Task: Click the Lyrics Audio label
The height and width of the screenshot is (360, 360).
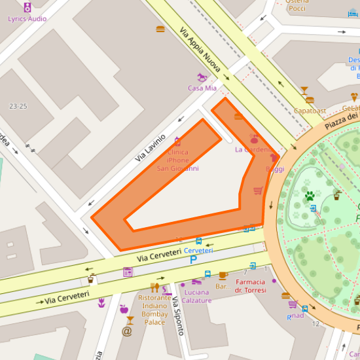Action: click(27, 18)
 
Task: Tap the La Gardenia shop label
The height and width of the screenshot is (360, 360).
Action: click(253, 149)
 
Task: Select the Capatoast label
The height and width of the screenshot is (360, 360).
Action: click(310, 111)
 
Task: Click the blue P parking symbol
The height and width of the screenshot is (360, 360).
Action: click(193, 260)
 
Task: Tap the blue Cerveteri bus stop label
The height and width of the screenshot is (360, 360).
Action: click(198, 251)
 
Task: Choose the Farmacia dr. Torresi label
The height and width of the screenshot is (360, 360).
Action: click(251, 285)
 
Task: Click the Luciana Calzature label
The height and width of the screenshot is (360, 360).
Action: click(197, 297)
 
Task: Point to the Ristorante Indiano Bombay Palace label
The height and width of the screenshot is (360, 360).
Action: click(154, 310)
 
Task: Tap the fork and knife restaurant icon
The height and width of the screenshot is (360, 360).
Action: click(154, 287)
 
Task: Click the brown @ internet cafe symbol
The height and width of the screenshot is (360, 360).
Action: click(126, 332)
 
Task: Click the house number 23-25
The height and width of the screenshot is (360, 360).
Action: click(18, 106)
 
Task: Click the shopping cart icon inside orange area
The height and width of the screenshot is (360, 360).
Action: click(258, 190)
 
